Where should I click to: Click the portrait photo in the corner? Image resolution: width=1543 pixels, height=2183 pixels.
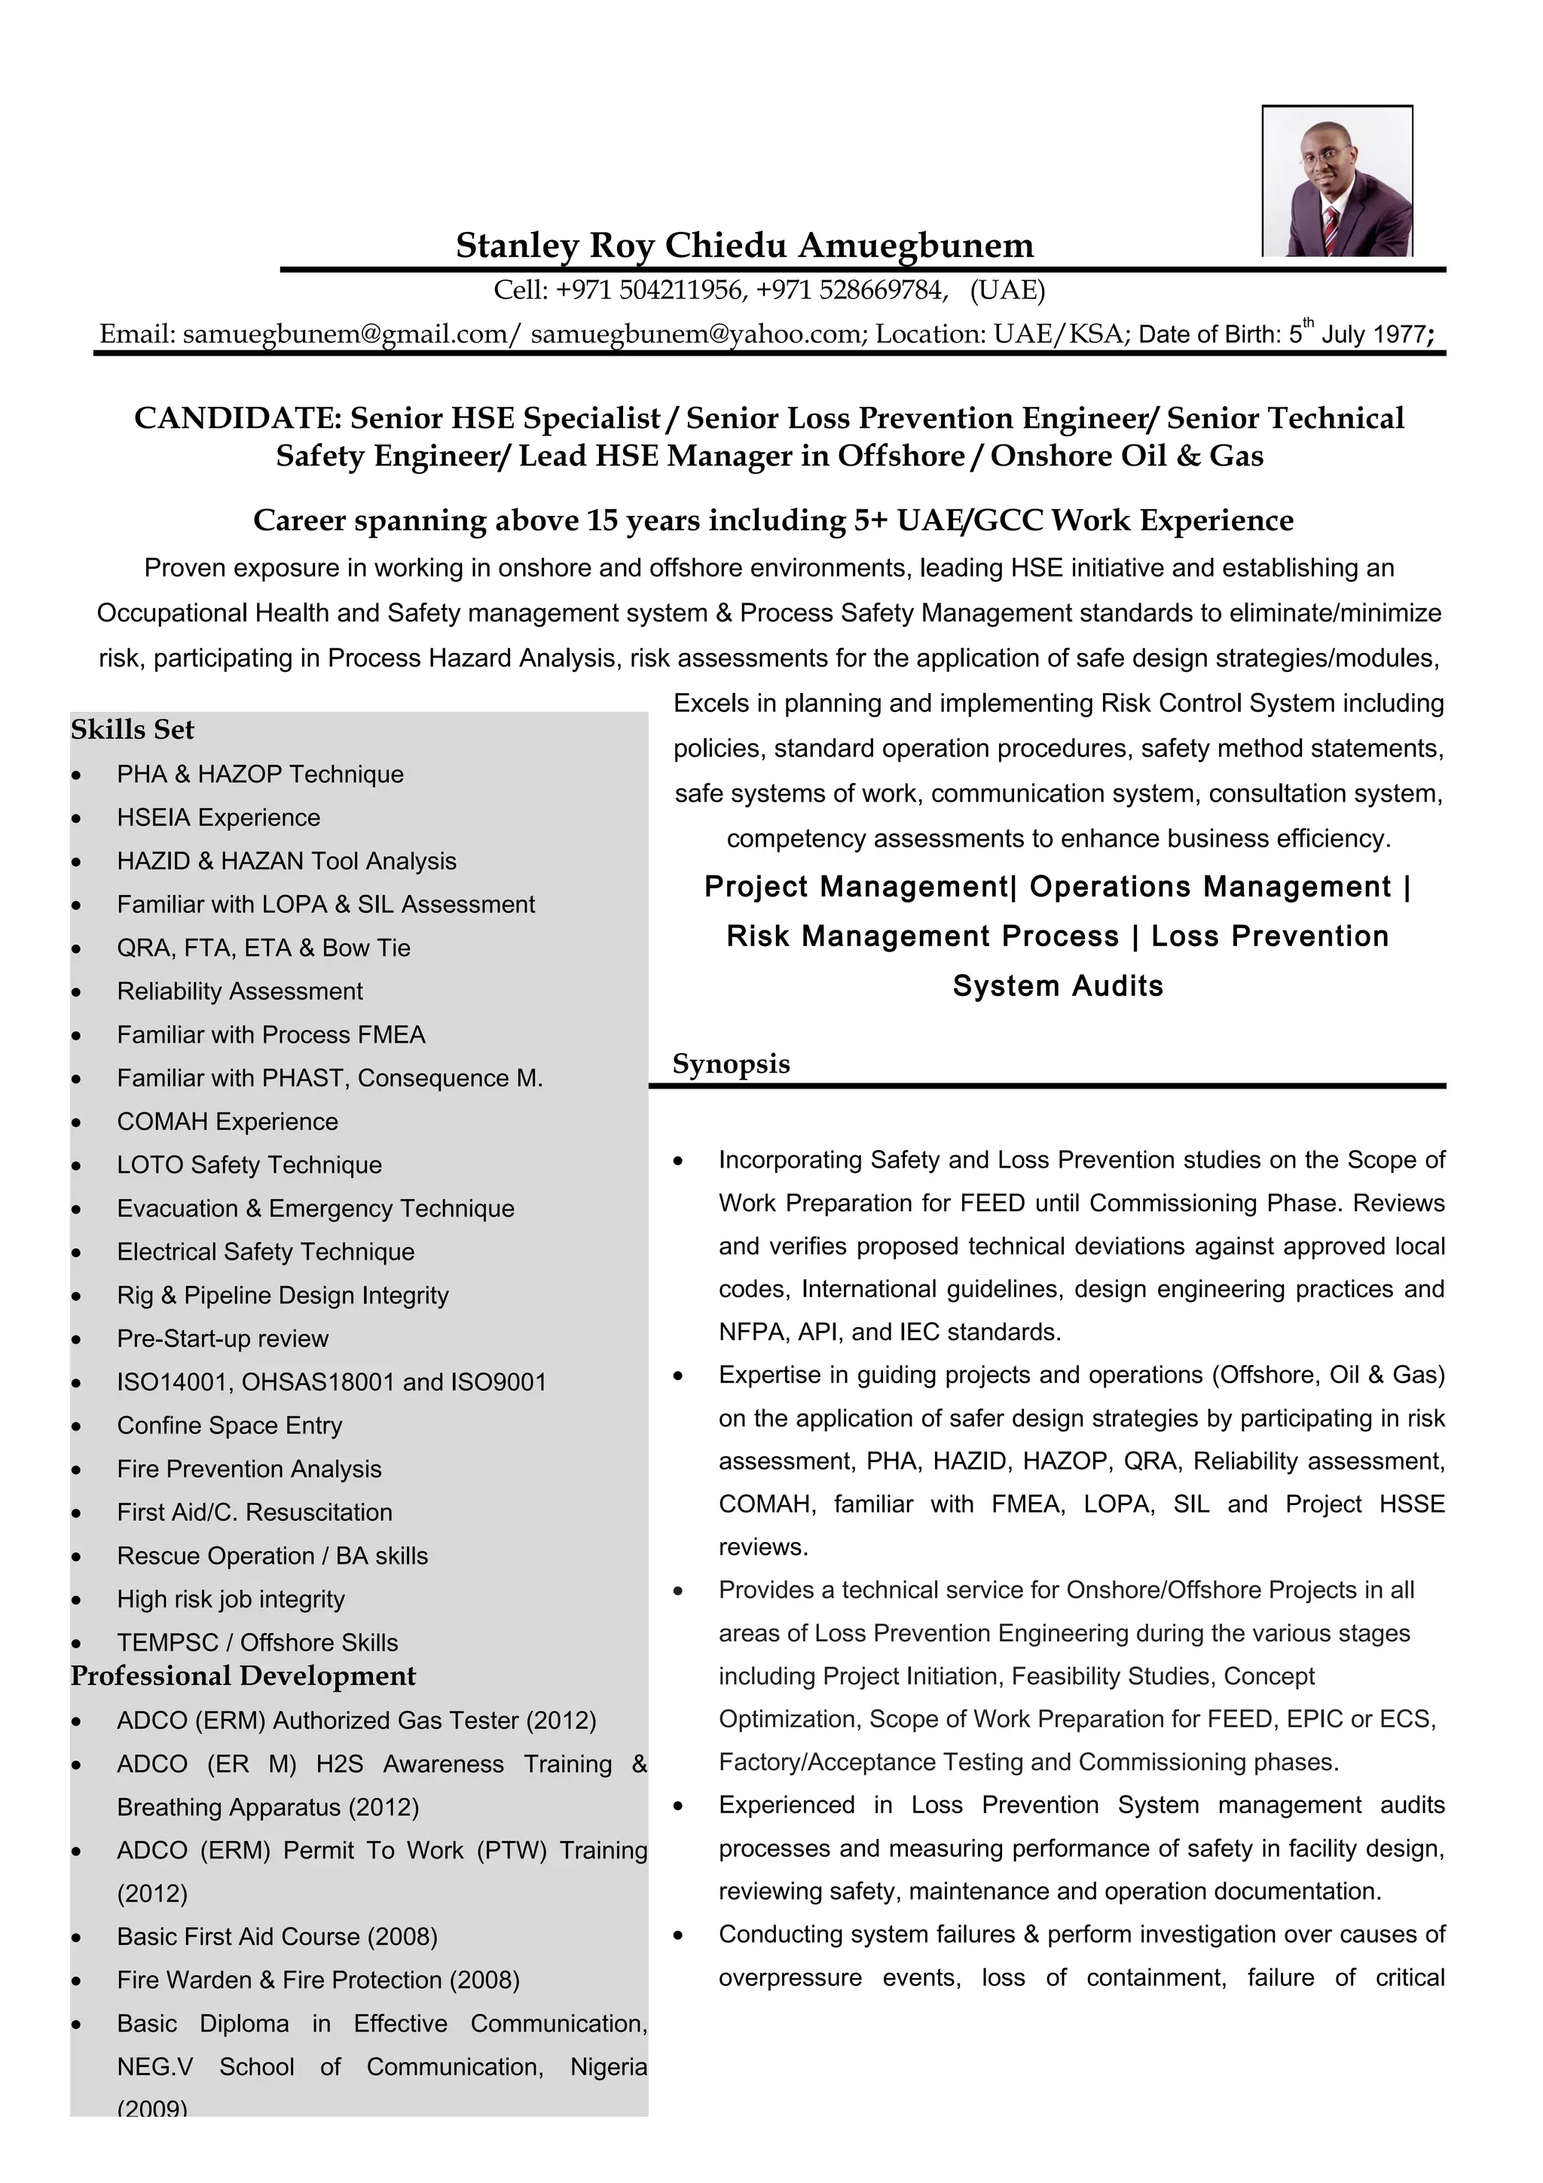coord(1337,181)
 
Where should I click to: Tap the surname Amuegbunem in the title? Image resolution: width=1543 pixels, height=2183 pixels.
coord(915,246)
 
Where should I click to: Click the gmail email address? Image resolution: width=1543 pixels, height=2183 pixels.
coord(347,334)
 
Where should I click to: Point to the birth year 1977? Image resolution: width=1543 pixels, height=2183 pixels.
coord(1397,334)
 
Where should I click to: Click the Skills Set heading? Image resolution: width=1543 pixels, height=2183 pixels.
coord(132,729)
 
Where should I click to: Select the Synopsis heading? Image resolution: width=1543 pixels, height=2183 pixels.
coord(730,1063)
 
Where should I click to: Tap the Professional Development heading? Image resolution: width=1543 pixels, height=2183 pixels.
coord(243,1675)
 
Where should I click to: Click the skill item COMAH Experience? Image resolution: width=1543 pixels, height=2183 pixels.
coord(228,1122)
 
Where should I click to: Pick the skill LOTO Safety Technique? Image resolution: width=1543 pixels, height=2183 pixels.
coord(249,1165)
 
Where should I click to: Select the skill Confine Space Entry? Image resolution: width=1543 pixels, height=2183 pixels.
coord(229,1425)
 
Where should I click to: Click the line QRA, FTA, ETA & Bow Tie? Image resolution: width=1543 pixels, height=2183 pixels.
coord(264,948)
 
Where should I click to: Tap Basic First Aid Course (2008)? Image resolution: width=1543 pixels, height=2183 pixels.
coord(277,1937)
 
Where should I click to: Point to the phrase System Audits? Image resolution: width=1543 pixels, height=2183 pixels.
coord(1057,986)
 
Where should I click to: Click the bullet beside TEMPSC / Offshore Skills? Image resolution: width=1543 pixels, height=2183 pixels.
coord(76,1644)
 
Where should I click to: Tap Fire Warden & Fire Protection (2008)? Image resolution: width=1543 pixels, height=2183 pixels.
coord(317,1980)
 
